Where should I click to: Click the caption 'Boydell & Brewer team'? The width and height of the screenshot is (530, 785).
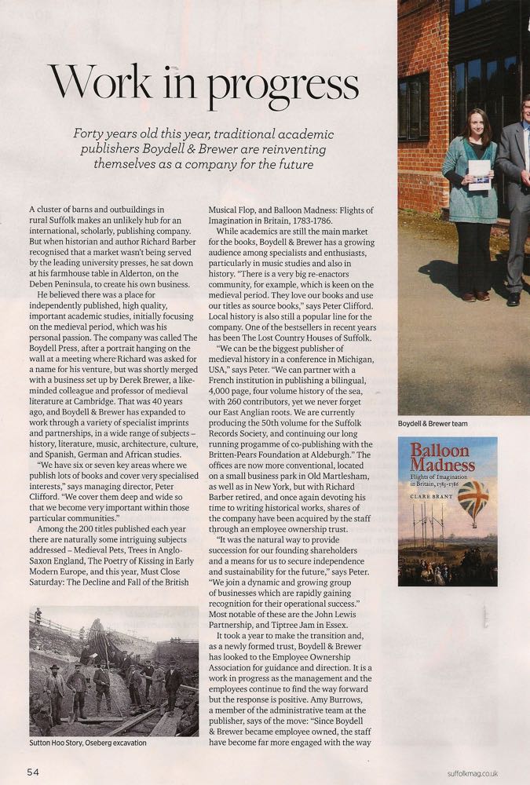(433, 424)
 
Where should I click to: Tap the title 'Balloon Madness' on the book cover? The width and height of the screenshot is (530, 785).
(441, 458)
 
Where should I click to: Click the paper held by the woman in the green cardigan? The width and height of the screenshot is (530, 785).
(479, 175)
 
